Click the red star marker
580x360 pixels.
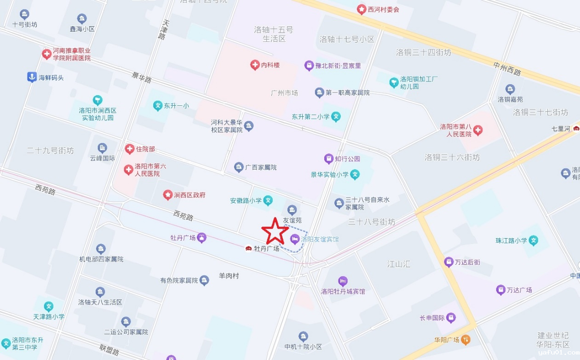(x=275, y=231)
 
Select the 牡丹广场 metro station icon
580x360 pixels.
(x=248, y=249)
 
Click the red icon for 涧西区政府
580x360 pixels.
(x=167, y=195)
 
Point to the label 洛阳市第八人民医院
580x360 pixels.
(x=456, y=130)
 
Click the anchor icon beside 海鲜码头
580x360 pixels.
(x=32, y=77)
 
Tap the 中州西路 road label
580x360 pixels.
(x=507, y=69)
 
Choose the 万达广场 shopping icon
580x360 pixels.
(x=500, y=290)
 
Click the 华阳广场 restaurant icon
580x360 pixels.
(x=466, y=340)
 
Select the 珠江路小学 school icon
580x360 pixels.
(x=534, y=240)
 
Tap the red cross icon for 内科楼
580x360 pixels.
(x=255, y=65)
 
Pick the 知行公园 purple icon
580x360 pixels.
(x=328, y=159)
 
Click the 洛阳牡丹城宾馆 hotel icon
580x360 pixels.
(x=343, y=281)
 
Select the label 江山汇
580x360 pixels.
(x=398, y=264)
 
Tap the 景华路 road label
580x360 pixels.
(x=142, y=77)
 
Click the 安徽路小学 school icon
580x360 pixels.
(x=268, y=200)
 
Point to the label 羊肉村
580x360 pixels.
(x=229, y=276)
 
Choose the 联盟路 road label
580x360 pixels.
(x=110, y=350)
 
